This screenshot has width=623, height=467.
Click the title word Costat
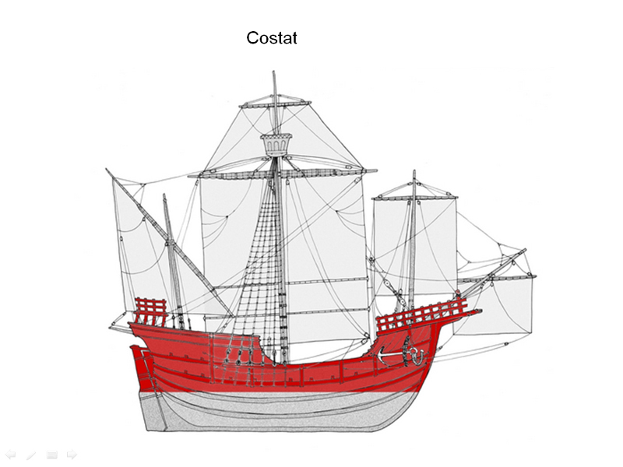[x=272, y=38]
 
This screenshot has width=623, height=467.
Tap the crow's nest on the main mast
[x=276, y=145]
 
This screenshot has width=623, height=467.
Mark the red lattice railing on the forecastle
[x=421, y=315]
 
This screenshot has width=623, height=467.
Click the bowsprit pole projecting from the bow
[x=493, y=273]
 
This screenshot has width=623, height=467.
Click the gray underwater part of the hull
[x=278, y=411]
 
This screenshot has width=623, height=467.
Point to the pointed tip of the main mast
[x=273, y=72]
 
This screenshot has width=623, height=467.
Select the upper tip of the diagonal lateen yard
[x=107, y=169]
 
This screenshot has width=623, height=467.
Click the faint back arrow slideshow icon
[x=10, y=455]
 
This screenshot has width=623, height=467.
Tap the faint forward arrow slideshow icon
[x=72, y=455]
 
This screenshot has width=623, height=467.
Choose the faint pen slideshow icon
[x=31, y=455]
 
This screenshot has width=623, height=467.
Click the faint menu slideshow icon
[x=51, y=455]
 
